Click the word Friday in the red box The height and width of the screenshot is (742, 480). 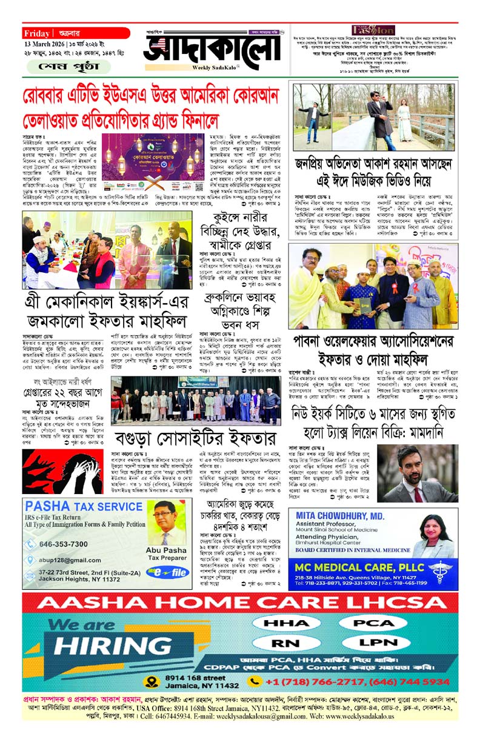click(x=38, y=33)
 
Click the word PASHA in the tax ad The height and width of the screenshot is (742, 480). click(x=48, y=506)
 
